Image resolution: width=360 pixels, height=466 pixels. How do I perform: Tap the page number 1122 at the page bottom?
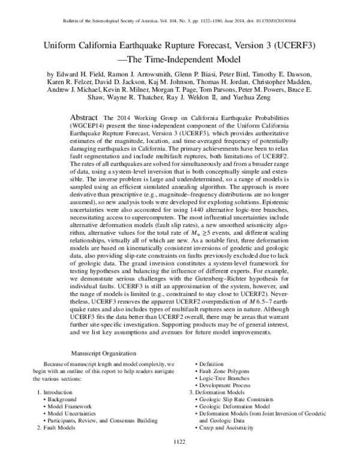(x=179, y=458)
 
